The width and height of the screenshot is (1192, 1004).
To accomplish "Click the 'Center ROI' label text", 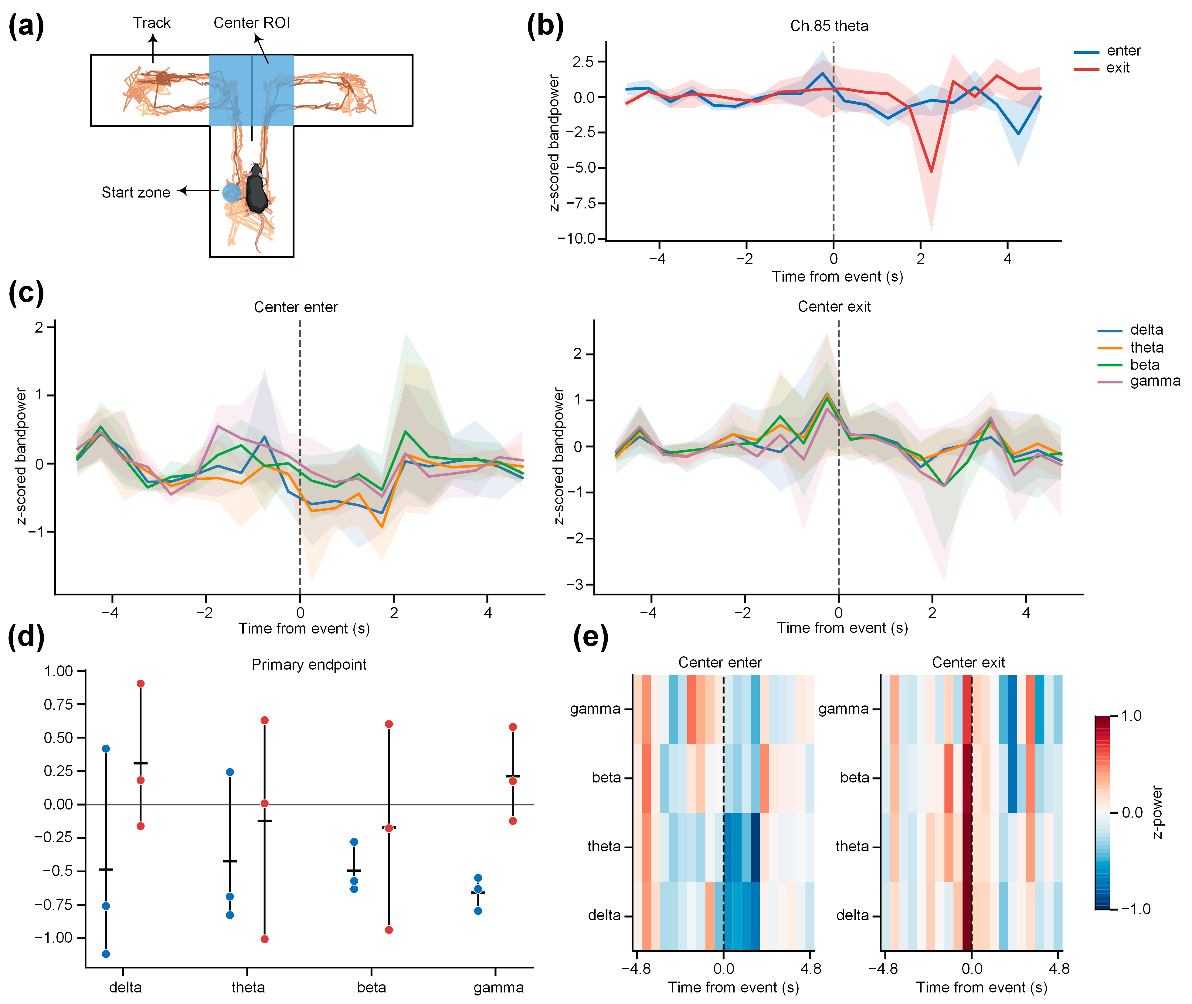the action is click(252, 23).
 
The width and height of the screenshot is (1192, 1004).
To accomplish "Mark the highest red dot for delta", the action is click(141, 684).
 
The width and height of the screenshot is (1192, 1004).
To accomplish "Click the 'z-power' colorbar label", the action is click(1156, 812).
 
